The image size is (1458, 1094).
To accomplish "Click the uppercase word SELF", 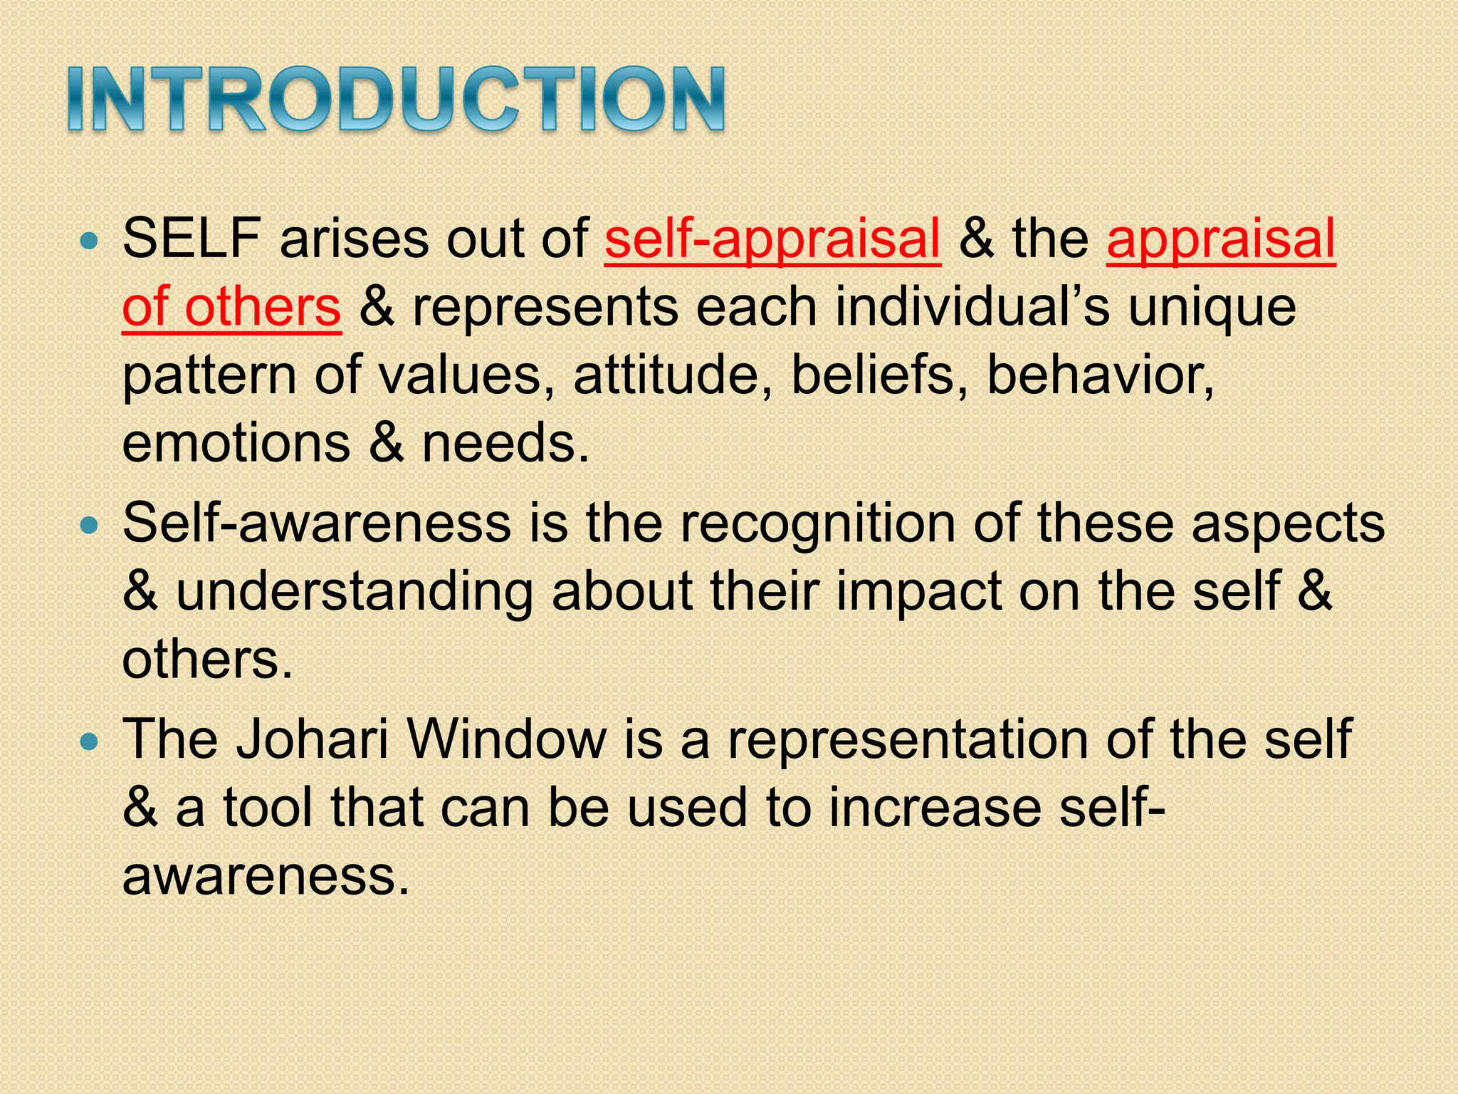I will point(191,238).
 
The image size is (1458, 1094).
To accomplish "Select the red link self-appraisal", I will point(772,239).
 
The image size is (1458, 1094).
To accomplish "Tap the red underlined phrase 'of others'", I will point(231,307).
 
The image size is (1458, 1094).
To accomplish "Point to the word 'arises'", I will point(355,239).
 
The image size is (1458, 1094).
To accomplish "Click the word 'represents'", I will point(545,308).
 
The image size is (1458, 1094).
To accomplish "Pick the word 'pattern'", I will point(209,376).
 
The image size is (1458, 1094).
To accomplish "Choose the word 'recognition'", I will point(817,524).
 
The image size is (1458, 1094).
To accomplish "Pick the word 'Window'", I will point(508,739).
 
